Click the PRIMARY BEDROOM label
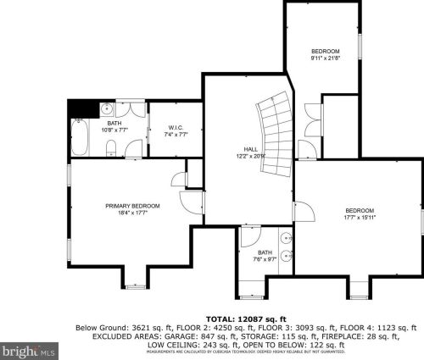(x=126, y=206)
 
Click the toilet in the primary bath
(x=111, y=150)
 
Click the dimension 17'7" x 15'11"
(x=360, y=218)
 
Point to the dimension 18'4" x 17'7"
(x=126, y=213)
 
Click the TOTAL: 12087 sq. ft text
(x=245, y=318)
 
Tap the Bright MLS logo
(x=29, y=348)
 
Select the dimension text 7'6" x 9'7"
(x=265, y=259)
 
